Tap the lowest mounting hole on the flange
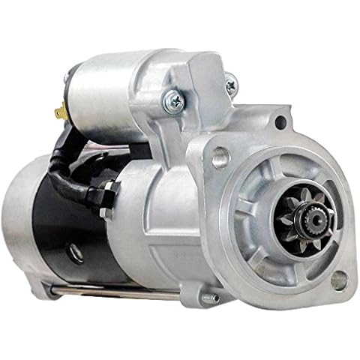(338, 279)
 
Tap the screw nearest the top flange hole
(230, 83)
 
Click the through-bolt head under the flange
(214, 297)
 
